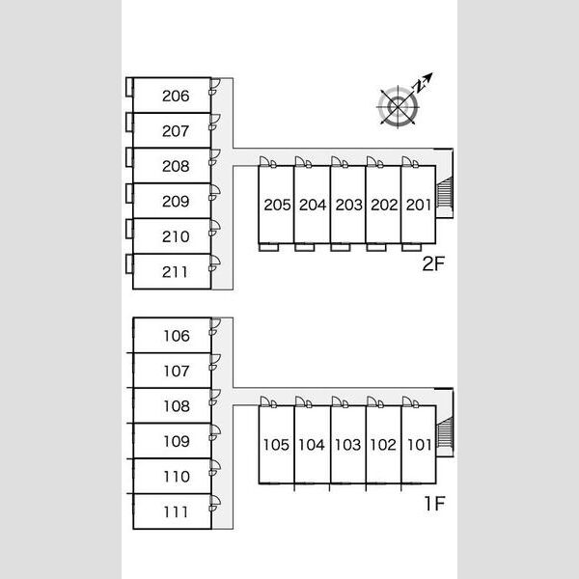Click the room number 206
click(x=176, y=96)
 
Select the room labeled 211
click(x=175, y=272)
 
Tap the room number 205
click(x=277, y=205)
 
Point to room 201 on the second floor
click(x=419, y=205)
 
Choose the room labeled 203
click(x=349, y=205)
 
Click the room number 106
click(x=177, y=336)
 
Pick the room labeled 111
click(x=176, y=512)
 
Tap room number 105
click(x=276, y=445)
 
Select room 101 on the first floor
click(x=419, y=445)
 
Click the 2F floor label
click(x=433, y=263)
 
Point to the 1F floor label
click(x=434, y=504)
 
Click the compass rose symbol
click(x=398, y=107)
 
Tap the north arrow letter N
click(x=419, y=86)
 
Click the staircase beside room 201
click(x=445, y=192)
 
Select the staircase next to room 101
click(x=445, y=432)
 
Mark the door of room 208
click(x=214, y=157)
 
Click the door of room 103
click(x=340, y=402)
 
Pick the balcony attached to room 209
click(x=129, y=194)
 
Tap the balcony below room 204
click(x=305, y=247)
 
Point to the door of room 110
click(x=214, y=468)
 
